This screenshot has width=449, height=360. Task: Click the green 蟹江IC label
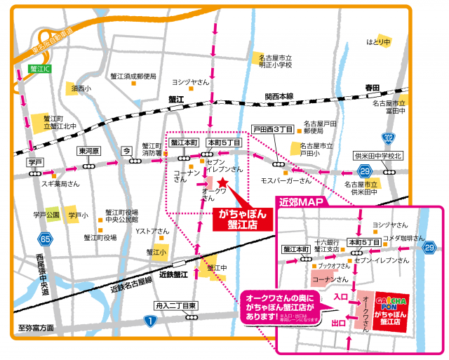pos(40,69)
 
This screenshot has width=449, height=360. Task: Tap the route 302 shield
pos(388,137)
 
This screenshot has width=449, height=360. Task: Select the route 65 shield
pos(45,239)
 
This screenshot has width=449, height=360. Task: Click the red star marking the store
pos(223,183)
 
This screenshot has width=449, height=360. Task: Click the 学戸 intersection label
pos(35,162)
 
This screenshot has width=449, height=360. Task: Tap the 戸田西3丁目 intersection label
pos(273,129)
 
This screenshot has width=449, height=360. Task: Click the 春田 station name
pos(372,88)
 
